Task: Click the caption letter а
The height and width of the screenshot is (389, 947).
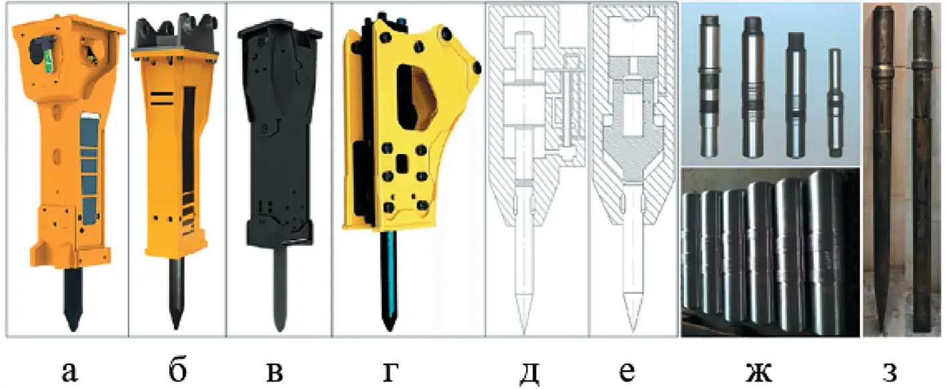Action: click(70, 371)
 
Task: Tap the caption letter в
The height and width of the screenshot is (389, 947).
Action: click(276, 372)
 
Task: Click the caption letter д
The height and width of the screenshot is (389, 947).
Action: click(529, 374)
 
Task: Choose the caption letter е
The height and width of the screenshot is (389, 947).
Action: click(627, 372)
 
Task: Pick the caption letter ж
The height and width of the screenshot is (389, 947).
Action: click(760, 372)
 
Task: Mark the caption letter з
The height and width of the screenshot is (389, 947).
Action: click(890, 372)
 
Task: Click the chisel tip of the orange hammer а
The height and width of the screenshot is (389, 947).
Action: click(73, 328)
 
